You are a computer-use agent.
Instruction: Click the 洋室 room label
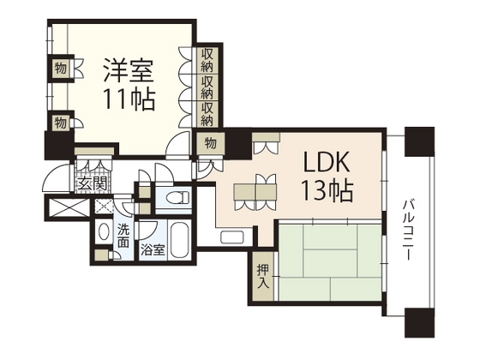[x=129, y=68]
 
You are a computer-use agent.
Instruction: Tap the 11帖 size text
[x=129, y=99]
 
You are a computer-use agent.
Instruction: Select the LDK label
[x=325, y=162]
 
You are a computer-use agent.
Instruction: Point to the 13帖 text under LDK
[x=325, y=191]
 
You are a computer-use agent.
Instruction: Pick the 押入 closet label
[x=262, y=274]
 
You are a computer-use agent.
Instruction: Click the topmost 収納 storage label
[x=208, y=60]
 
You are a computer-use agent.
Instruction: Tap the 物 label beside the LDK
[x=211, y=143]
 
